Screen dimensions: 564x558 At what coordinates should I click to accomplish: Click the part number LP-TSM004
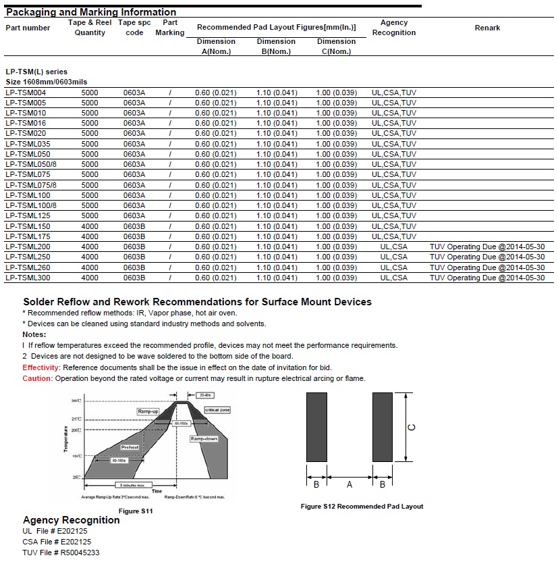[x=25, y=93]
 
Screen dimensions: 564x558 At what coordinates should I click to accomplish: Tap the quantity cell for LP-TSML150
[x=89, y=226]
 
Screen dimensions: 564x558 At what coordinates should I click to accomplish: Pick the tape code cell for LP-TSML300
[x=134, y=278]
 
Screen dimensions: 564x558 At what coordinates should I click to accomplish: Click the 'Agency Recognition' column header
[x=394, y=28]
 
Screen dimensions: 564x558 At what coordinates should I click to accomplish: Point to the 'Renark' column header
[x=487, y=28]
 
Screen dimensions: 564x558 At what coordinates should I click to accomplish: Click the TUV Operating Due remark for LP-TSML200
[x=486, y=247]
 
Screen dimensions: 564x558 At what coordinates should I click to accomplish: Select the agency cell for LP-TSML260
[x=394, y=267]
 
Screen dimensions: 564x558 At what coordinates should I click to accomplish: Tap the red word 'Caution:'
[x=37, y=378]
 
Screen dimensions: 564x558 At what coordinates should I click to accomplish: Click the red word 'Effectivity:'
[x=42, y=367]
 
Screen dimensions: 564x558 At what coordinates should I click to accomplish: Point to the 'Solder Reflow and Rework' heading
[x=197, y=302]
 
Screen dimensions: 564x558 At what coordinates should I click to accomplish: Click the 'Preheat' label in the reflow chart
[x=130, y=447]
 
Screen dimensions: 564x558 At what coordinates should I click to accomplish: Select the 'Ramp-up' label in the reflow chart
[x=148, y=411]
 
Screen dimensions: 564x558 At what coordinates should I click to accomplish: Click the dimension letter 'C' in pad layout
[x=412, y=427]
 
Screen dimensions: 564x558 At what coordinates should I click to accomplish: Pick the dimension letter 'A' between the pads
[x=349, y=484]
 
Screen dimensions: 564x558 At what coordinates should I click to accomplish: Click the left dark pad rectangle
[x=316, y=428]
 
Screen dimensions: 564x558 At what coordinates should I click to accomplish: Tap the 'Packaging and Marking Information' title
[x=91, y=12]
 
